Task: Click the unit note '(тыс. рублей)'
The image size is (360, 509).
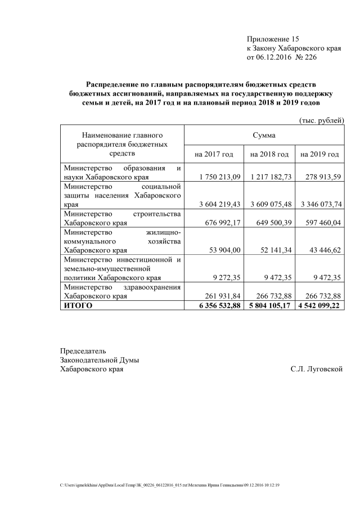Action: pyautogui.click(x=319, y=120)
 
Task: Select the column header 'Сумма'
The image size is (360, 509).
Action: pyautogui.click(x=264, y=136)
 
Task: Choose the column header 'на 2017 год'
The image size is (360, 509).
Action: pyautogui.click(x=214, y=154)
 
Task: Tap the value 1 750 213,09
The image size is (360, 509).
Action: pyautogui.click(x=220, y=177)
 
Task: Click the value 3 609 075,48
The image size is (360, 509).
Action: pyautogui.click(x=271, y=204)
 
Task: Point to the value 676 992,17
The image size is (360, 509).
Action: pyautogui.click(x=222, y=222)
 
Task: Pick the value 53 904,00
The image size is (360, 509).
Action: pyautogui.click(x=224, y=250)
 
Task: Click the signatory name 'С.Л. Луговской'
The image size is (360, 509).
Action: pyautogui.click(x=317, y=369)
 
